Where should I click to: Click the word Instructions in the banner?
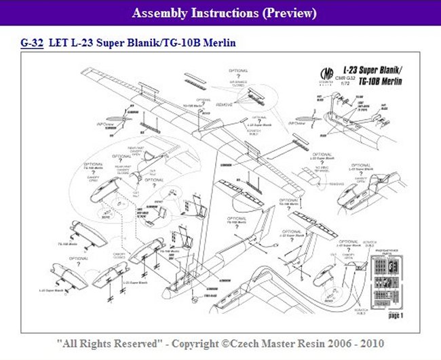coord(227,13)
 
